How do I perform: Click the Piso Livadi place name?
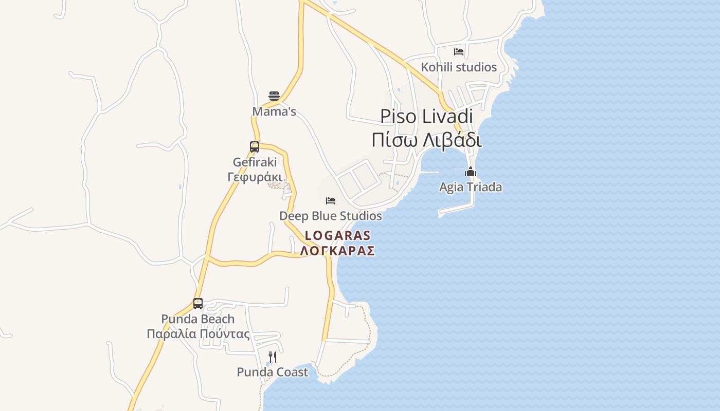click(426, 117)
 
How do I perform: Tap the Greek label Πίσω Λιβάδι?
click(426, 140)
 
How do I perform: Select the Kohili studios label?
click(459, 67)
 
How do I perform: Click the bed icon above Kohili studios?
click(459, 52)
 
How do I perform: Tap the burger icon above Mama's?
click(274, 96)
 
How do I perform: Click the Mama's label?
click(274, 111)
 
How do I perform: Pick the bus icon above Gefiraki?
click(255, 147)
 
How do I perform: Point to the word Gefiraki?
click(255, 162)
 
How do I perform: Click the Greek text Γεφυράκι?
click(255, 177)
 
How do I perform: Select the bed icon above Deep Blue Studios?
click(331, 200)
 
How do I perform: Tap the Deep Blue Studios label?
click(331, 216)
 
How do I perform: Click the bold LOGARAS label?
click(337, 236)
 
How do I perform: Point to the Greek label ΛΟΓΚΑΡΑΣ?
click(337, 251)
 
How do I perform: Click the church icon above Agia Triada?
click(471, 172)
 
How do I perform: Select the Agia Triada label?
click(471, 187)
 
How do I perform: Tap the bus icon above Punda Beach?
click(198, 304)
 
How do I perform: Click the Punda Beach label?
click(198, 319)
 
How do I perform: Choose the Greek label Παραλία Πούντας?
click(198, 334)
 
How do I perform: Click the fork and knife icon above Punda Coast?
click(273, 357)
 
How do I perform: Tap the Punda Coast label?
click(273, 372)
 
